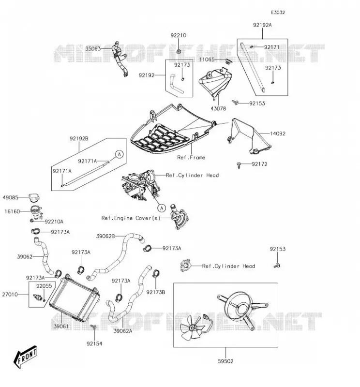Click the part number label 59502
pyautogui.click(x=225, y=361)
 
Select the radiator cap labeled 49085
pyautogui.click(x=34, y=197)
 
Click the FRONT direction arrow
pyautogui.click(x=25, y=357)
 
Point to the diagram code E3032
pyautogui.click(x=278, y=13)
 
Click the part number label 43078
pyautogui.click(x=218, y=108)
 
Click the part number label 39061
pyautogui.click(x=61, y=326)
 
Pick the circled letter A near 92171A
pyautogui.click(x=120, y=154)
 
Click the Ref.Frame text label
pyautogui.click(x=191, y=157)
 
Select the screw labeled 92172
pyautogui.click(x=239, y=165)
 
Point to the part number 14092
pyautogui.click(x=278, y=134)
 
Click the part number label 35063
pyautogui.click(x=93, y=49)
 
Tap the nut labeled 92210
pyautogui.click(x=179, y=51)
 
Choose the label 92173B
pyautogui.click(x=155, y=292)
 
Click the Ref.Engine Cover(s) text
pyautogui.click(x=131, y=218)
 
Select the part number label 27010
pyautogui.click(x=10, y=295)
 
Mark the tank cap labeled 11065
pyautogui.click(x=229, y=61)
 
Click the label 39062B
pyautogui.click(x=105, y=236)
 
